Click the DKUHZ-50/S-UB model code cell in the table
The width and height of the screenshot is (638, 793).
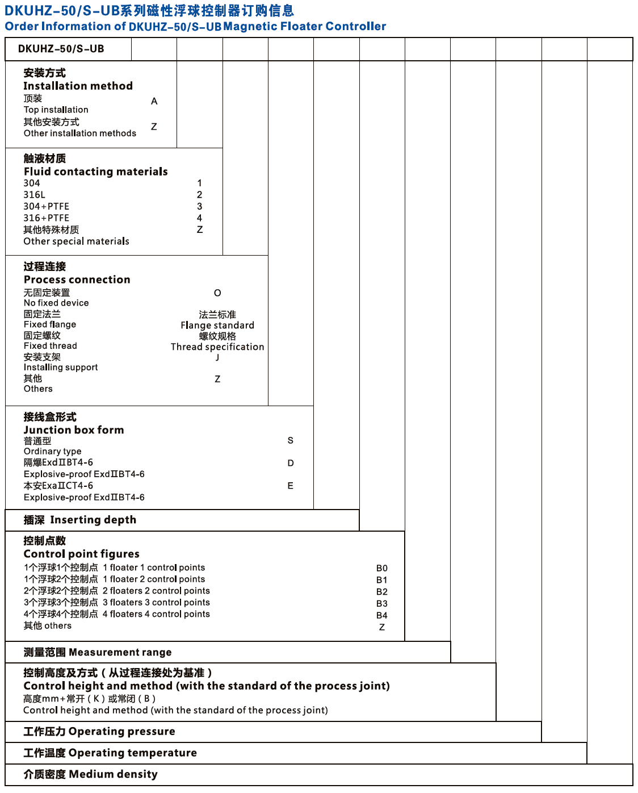coord(61,49)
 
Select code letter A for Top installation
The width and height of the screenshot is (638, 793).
coord(154,101)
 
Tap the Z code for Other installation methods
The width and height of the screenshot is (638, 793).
coord(154,127)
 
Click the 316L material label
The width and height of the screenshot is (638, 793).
coord(34,195)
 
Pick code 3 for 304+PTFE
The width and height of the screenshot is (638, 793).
coord(200,206)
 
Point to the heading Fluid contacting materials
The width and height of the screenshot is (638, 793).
coord(95,172)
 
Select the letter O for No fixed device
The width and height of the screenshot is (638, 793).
coord(217,293)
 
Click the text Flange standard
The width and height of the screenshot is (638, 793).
coord(217,325)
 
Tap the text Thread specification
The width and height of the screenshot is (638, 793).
coord(217,347)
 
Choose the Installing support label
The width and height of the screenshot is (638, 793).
coord(61,368)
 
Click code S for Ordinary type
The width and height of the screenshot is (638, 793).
coord(291,440)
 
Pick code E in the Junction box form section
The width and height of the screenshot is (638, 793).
coord(291,486)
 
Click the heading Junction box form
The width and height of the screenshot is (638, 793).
coord(74,430)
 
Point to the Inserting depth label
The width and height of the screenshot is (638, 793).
coord(93,520)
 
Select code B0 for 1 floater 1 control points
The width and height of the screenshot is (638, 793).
coord(382,568)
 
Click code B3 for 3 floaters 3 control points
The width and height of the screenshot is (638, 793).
coord(382,603)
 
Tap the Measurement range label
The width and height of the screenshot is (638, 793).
coord(120,652)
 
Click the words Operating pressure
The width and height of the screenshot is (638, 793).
coord(121,731)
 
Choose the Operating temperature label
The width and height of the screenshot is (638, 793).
coord(132,753)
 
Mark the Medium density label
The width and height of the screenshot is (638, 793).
coord(113,774)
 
